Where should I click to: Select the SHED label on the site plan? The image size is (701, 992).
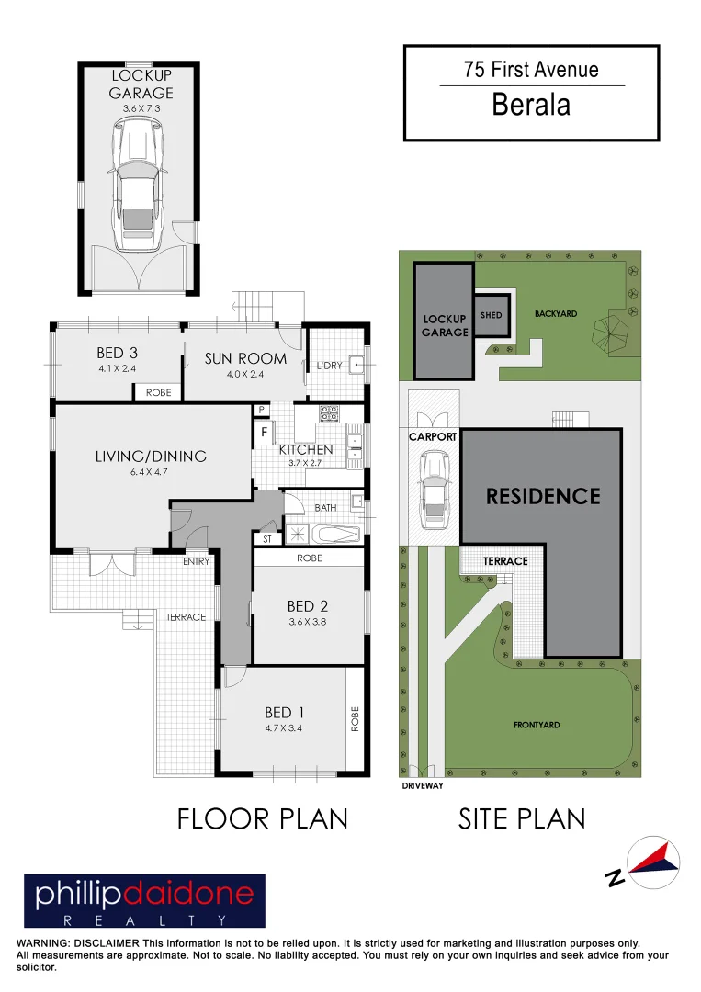coord(492,315)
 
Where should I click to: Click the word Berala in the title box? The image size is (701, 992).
coord(531,105)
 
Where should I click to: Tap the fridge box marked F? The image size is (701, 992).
coord(264,431)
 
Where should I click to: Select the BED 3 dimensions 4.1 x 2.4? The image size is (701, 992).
coord(117,369)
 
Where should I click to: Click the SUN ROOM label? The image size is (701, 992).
coord(245,358)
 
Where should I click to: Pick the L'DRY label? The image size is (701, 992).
coord(329,366)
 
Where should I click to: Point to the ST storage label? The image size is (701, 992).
coord(267,539)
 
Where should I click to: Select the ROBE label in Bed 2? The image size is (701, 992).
coord(310,558)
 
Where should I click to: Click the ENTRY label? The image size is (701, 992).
coord(196,561)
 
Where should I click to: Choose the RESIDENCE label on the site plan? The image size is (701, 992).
coord(543,497)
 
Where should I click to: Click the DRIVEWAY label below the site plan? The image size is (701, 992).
coord(423,786)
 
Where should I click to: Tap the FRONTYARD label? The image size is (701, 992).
coord(537,726)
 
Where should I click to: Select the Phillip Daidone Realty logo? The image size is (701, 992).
coord(144,901)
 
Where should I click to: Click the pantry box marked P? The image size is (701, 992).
coord(261,410)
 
